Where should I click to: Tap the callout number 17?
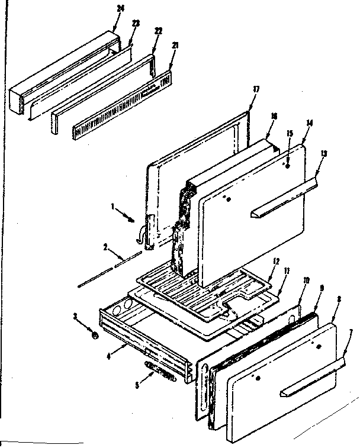coord(256,89)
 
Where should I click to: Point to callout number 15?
coord(290,134)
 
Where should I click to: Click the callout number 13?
coord(323,153)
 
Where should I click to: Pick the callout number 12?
coord(275,260)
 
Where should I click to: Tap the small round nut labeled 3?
coord(95,336)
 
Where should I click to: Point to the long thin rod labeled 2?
coord(110,270)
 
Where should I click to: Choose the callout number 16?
coord(274,116)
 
